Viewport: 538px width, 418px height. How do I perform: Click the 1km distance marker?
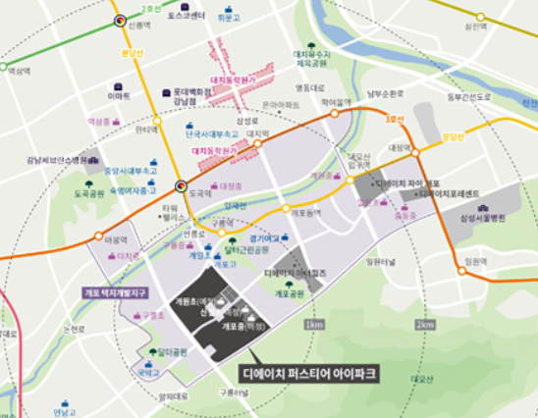click(315, 325)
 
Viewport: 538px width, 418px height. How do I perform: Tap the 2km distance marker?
click(424, 325)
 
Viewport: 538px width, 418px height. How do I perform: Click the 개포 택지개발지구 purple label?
click(115, 292)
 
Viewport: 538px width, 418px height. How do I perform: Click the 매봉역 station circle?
click(98, 236)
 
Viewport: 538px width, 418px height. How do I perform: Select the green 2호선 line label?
click(149, 8)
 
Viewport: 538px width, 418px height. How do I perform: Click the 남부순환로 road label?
click(386, 95)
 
